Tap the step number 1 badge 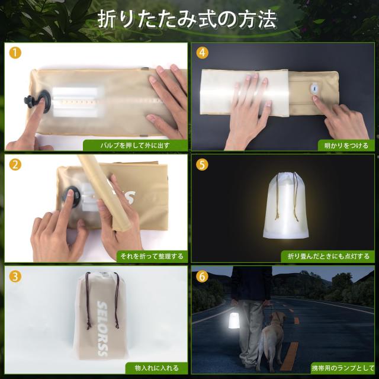(x=15, y=52)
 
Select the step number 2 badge (x=15, y=165)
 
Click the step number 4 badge (x=203, y=52)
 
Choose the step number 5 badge (x=203, y=165)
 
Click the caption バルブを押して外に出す (x=134, y=145)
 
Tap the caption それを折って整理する (x=151, y=256)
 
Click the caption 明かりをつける (x=346, y=145)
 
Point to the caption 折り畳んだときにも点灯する (x=327, y=256)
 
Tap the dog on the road (x=272, y=338)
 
